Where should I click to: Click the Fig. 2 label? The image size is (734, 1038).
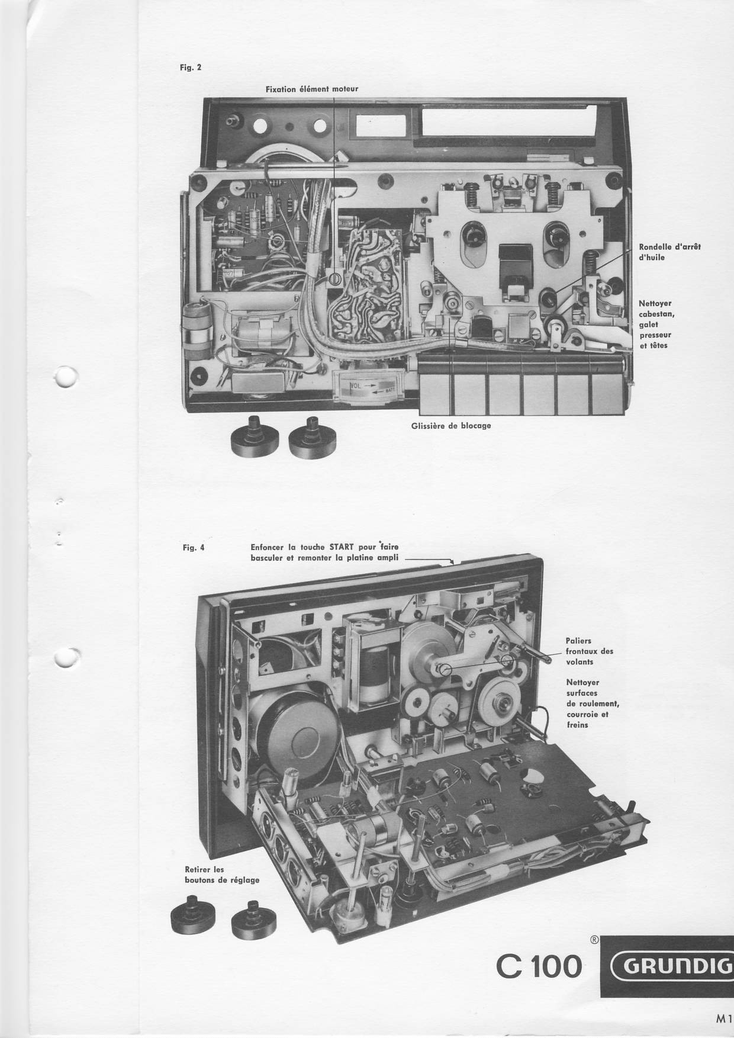(191, 67)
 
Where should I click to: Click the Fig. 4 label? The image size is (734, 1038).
(194, 548)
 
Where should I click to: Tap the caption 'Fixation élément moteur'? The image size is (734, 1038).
(312, 89)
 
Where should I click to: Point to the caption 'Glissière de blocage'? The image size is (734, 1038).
(451, 425)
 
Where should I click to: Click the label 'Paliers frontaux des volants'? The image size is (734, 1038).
(590, 651)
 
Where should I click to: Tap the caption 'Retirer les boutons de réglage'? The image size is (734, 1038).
(222, 875)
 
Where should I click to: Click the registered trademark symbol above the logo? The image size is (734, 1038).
(594, 940)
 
